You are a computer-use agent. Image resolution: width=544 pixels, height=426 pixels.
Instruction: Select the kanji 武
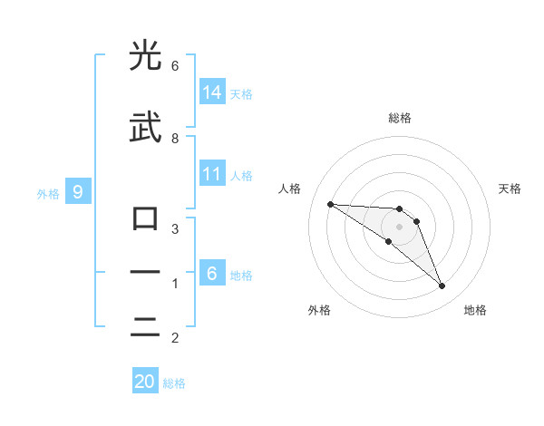pos(145,129)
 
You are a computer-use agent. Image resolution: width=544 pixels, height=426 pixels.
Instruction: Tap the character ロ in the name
pos(145,218)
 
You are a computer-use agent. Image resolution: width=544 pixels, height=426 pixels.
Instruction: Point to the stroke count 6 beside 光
pos(175,66)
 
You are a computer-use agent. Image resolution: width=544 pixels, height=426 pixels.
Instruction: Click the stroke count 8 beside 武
pos(175,138)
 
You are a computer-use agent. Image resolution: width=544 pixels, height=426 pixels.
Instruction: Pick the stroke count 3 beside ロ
pos(175,228)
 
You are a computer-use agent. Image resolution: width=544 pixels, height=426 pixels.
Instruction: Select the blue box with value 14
pos(212,92)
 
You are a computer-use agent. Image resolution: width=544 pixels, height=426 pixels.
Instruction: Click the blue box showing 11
pos(212,174)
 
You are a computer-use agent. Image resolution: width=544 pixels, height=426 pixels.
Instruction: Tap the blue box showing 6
pos(212,273)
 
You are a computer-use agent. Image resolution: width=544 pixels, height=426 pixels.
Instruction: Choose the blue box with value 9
pos(78,191)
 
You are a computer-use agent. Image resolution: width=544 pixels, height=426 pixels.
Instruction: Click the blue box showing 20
pos(145,382)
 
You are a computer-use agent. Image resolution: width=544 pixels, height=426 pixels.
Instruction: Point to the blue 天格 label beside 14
pos(241,93)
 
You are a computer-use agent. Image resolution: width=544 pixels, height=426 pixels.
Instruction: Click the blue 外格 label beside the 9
pos(48,193)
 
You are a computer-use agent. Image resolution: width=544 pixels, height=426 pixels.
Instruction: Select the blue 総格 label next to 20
pos(174,383)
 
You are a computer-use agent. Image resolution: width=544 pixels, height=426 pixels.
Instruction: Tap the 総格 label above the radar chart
pos(399,118)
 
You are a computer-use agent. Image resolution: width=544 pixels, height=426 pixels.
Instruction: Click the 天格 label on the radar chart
pos(510,189)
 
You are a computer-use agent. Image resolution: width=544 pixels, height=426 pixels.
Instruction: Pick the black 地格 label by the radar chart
pos(475,310)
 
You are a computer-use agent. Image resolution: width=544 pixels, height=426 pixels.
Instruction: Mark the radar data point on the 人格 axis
pos(330,204)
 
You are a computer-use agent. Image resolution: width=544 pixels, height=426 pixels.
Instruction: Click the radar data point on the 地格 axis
pos(442,286)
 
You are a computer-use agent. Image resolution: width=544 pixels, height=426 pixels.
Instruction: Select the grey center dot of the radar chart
pos(399,226)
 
